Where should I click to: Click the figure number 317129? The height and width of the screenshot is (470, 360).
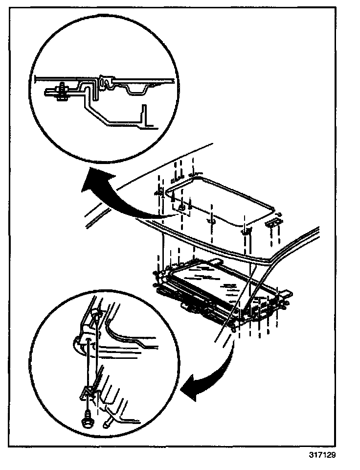pos(323,454)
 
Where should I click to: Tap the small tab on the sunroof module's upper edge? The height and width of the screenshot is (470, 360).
pos(216,261)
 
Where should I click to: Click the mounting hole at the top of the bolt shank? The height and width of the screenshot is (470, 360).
pos(88,338)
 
